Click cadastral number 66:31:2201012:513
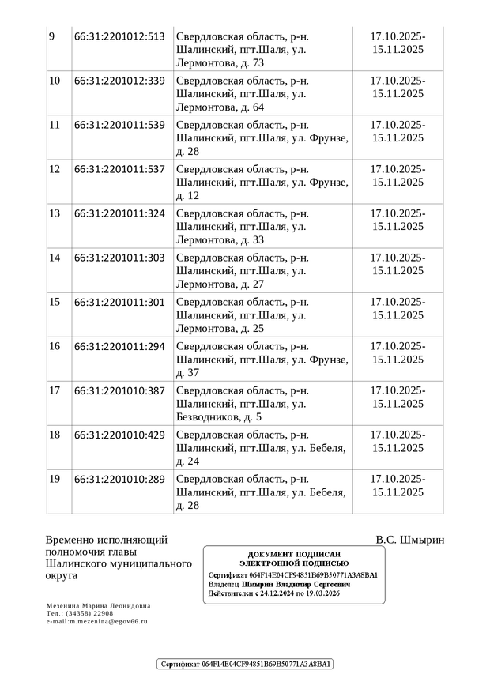coord(119,36)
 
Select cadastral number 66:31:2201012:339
coord(119,81)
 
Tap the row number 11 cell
coord(55,125)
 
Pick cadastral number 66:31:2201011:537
coord(119,169)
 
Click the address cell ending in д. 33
coord(260,227)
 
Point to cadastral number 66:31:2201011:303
coord(119,258)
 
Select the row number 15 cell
coord(55,302)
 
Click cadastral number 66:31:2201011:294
coord(119,346)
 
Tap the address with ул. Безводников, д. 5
coord(260,404)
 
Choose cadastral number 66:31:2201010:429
coord(119,435)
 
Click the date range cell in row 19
coord(398,485)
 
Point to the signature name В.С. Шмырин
coord(410,540)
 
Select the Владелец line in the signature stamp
coord(280,585)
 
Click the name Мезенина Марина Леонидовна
coord(98,606)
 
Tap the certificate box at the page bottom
coord(245,665)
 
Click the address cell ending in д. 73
coord(260,50)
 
